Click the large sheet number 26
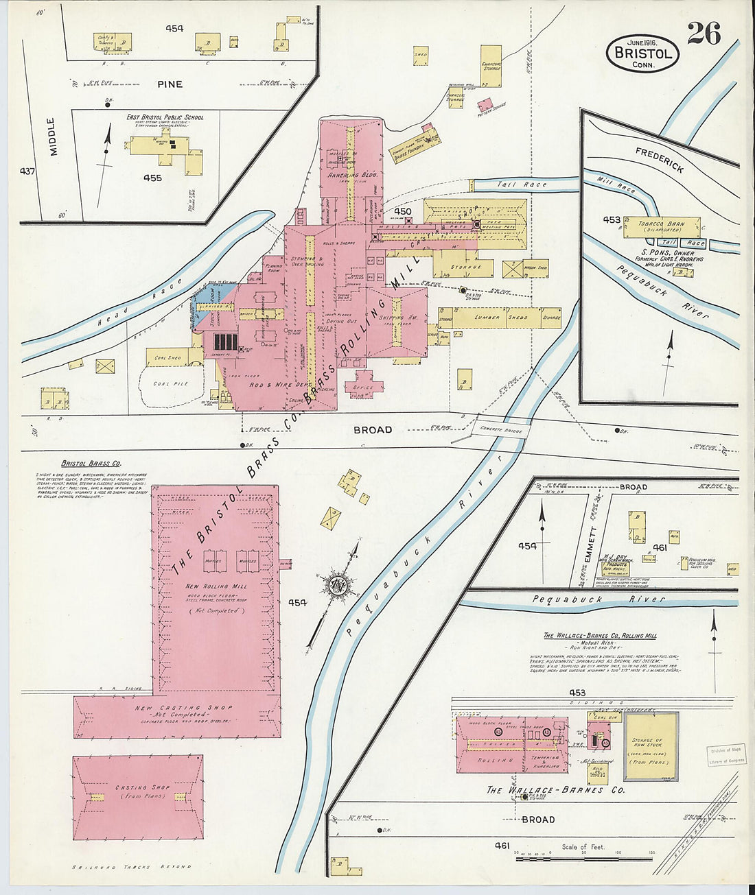704,32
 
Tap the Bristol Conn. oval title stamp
642,53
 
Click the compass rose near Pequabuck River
340,585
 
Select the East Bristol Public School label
165,117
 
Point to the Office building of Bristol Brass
364,387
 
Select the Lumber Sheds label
508,318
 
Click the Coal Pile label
171,384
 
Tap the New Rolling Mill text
216,586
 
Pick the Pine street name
170,84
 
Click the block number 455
152,178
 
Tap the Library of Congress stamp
726,755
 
